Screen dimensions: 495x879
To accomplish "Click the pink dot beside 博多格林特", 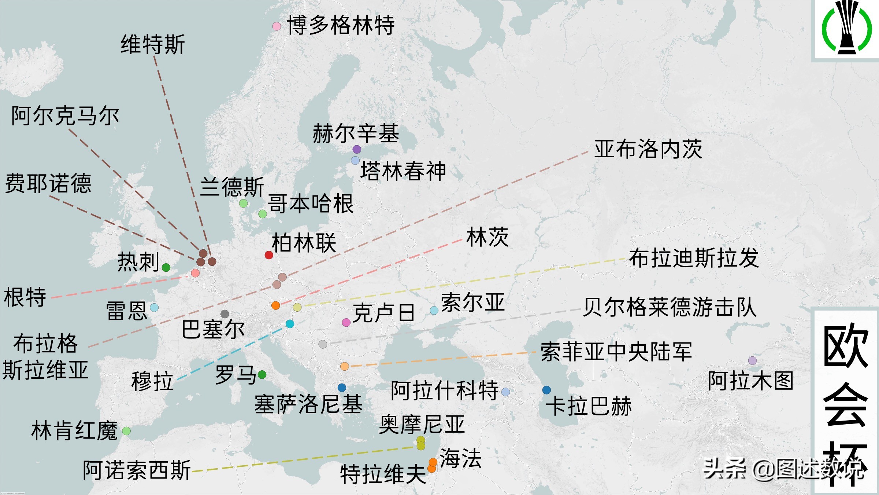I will click(277, 26).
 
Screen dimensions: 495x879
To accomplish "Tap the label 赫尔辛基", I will click(356, 133).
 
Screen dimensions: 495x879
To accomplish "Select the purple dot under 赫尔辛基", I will click(357, 149).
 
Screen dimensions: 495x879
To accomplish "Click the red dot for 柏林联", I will click(269, 255).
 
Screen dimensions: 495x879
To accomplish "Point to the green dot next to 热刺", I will click(166, 267).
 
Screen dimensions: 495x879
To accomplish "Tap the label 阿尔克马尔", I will click(65, 116).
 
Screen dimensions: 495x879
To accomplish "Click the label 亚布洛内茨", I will click(648, 149).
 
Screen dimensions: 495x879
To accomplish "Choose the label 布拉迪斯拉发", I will click(694, 258).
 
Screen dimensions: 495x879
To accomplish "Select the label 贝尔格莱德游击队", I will click(670, 307).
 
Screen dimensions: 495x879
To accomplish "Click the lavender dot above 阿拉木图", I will click(752, 360).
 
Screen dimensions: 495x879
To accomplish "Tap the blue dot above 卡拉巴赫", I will click(546, 390).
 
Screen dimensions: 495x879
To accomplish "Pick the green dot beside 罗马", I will click(262, 374).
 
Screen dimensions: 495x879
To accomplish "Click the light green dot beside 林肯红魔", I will click(126, 431).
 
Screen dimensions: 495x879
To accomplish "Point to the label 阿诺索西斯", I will click(137, 470).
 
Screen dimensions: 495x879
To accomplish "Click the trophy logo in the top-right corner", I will click(846, 27).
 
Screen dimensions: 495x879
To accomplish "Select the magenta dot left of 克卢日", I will click(346, 323).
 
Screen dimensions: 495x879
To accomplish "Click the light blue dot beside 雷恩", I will click(154, 307).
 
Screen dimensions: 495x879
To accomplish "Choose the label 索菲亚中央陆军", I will click(616, 352).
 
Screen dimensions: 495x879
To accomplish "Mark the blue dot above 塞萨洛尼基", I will click(342, 388).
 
